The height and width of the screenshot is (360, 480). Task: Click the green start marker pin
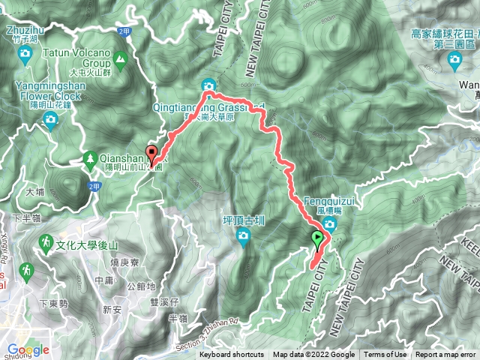click(x=317, y=240)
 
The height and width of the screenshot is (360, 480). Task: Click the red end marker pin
click(x=152, y=155)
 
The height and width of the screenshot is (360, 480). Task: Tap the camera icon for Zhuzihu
click(x=25, y=53)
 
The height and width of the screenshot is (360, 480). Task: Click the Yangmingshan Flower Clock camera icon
click(x=52, y=121)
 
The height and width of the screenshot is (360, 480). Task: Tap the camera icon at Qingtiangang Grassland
click(x=208, y=85)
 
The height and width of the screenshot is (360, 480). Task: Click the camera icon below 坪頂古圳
click(x=243, y=238)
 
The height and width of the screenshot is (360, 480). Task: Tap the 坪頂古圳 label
click(x=244, y=221)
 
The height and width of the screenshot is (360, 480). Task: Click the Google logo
click(x=28, y=349)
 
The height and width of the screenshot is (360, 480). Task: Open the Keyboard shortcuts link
click(x=231, y=355)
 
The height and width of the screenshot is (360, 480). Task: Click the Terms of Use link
click(x=385, y=355)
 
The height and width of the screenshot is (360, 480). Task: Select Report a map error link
click(x=446, y=355)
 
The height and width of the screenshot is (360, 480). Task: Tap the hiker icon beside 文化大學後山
click(x=46, y=244)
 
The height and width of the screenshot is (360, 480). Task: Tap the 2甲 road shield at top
click(x=124, y=30)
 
